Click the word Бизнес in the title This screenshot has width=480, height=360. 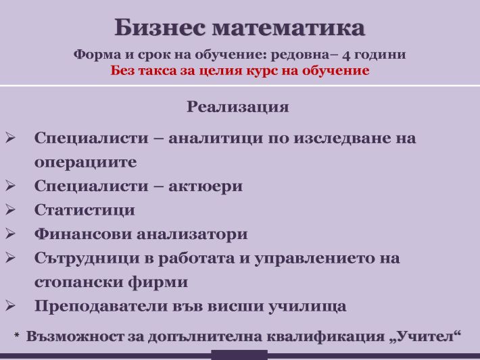(160, 27)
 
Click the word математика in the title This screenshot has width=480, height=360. (289, 28)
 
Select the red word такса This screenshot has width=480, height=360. (158, 71)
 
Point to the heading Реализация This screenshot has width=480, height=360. (238, 107)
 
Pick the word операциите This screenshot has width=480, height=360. (85, 162)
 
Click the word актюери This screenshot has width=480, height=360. (206, 186)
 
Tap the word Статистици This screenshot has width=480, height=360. (85, 210)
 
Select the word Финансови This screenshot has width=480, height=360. (82, 234)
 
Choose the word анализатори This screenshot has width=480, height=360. (192, 234)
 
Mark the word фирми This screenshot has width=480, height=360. (158, 282)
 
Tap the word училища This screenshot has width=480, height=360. (308, 307)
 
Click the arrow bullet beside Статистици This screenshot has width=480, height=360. (10, 209)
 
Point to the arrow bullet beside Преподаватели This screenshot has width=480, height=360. (10, 305)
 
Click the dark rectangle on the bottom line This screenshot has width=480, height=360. (239, 355)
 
